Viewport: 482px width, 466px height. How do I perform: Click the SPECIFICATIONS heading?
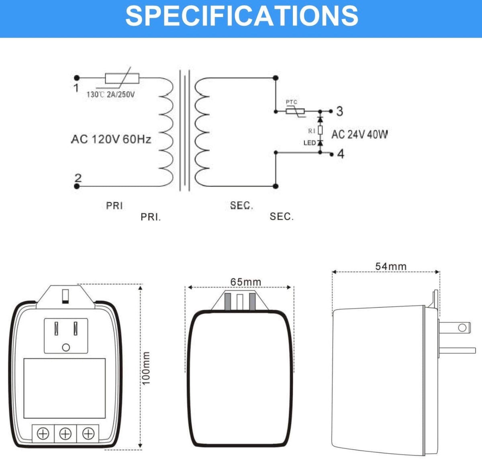pos(241,16)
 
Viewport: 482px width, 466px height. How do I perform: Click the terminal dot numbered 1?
pos(77,78)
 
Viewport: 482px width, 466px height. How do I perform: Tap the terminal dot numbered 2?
pos(77,186)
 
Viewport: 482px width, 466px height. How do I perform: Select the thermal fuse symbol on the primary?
pos(122,78)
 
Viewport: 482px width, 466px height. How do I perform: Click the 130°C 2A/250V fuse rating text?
pos(110,95)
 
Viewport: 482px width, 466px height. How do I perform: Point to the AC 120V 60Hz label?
pos(111,139)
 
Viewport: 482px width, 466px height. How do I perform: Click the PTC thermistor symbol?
pos(296,111)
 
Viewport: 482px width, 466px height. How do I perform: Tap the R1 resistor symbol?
pos(320,130)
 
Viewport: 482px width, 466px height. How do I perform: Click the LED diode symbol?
pos(320,142)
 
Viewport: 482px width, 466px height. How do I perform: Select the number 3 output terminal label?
pos(339,111)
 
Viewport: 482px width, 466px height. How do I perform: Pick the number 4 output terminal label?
pos(341,154)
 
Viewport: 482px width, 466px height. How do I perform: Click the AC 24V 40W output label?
pos(359,134)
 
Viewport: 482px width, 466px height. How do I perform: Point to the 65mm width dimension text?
pos(246,282)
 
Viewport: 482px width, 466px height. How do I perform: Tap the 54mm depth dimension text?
pos(391,267)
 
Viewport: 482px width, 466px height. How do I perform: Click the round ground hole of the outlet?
pos(66,348)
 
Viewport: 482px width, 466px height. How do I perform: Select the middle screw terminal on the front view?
pos(65,433)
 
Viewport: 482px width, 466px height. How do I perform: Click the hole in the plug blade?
pos(462,328)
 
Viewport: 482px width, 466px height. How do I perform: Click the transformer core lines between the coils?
pos(185,130)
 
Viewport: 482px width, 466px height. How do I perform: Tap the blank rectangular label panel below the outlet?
pos(65,388)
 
